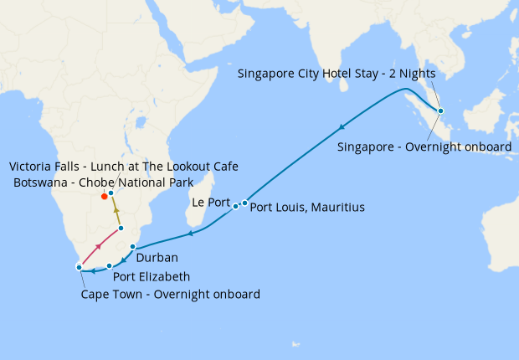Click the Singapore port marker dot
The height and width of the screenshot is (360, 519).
click(441, 111)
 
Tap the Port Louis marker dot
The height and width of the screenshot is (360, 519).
click(244, 203)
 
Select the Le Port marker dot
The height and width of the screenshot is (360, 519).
click(236, 206)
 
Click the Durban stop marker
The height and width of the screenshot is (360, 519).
click(133, 247)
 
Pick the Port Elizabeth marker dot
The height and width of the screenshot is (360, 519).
click(110, 266)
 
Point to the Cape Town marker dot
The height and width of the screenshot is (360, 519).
click(79, 267)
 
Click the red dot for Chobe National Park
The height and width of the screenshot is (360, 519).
click(104, 196)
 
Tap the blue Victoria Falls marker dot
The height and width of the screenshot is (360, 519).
click(110, 193)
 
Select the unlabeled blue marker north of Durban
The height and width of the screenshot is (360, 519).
click(121, 228)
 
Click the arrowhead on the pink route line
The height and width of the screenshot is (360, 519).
click(100, 245)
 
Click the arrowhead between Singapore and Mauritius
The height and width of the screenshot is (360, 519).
click(342, 127)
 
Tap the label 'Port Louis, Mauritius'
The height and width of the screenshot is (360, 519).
click(307, 207)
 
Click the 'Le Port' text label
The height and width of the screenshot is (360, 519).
click(210, 203)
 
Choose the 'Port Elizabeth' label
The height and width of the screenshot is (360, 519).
click(152, 276)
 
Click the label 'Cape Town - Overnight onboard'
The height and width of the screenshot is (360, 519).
click(170, 295)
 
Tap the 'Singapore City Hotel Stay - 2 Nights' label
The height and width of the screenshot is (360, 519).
click(336, 73)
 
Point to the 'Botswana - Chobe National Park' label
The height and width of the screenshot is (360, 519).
click(103, 183)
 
